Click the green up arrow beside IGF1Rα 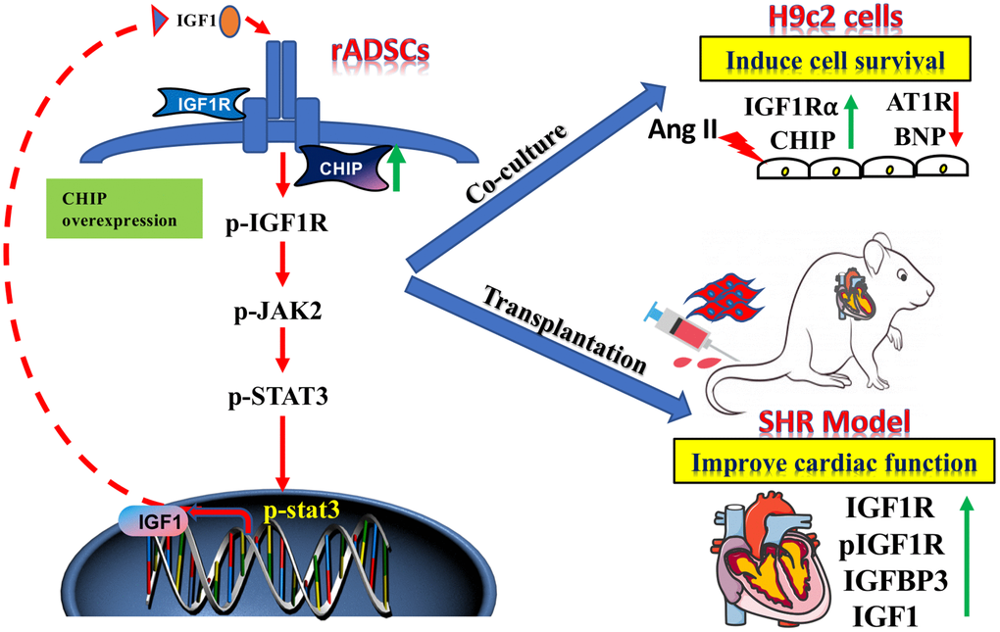point(851,122)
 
